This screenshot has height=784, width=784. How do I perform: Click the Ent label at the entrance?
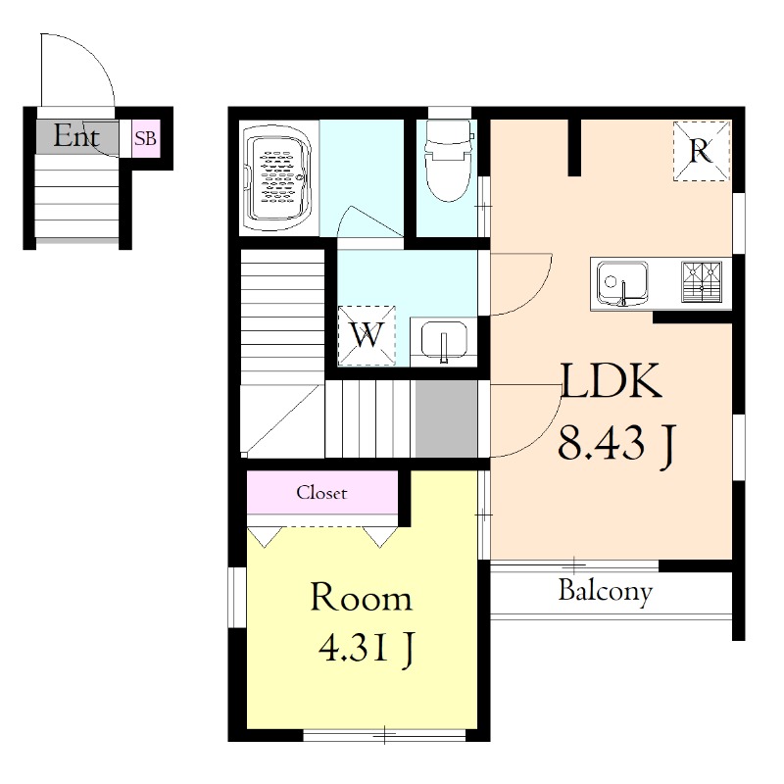[x=76, y=135]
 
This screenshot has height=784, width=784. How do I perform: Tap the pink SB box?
[x=145, y=138]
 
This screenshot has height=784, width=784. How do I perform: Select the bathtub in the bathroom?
[x=276, y=178]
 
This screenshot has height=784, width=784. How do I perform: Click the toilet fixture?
[x=448, y=160]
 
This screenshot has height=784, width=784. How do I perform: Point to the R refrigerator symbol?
[x=701, y=151]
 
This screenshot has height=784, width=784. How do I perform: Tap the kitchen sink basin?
[x=622, y=283]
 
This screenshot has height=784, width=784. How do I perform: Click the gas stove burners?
[x=702, y=282]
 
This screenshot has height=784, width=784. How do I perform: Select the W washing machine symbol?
[x=367, y=335]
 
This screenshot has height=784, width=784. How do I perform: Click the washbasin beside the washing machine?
[x=444, y=341]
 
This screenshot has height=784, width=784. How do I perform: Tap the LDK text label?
[x=611, y=381]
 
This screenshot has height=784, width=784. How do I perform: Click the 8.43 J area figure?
[x=617, y=444]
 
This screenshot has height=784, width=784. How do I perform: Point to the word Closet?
[x=321, y=493]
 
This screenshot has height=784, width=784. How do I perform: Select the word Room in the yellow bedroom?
[x=361, y=597]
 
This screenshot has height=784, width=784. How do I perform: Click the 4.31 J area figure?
[x=367, y=648]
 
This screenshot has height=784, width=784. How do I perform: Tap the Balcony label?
[x=606, y=592]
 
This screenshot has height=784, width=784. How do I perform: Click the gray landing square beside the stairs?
[x=446, y=419]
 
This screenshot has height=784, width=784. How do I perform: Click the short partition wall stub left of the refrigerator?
[x=574, y=148]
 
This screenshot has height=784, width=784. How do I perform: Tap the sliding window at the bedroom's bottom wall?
[x=384, y=735]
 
